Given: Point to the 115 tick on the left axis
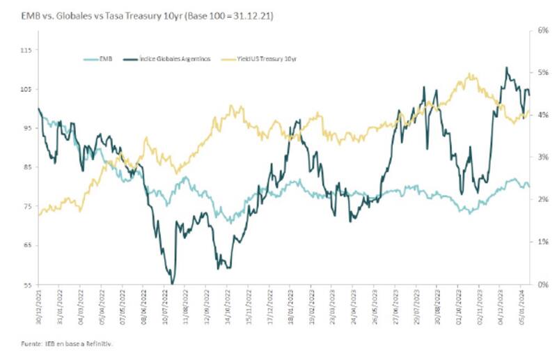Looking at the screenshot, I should [26, 50].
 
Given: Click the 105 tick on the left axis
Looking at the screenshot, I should [26, 89].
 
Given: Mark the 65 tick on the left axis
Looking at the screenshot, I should [26, 245].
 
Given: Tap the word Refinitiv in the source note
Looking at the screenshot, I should [100, 343].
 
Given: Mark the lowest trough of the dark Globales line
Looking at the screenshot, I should [171, 283].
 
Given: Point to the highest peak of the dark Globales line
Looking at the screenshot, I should [506, 68].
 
